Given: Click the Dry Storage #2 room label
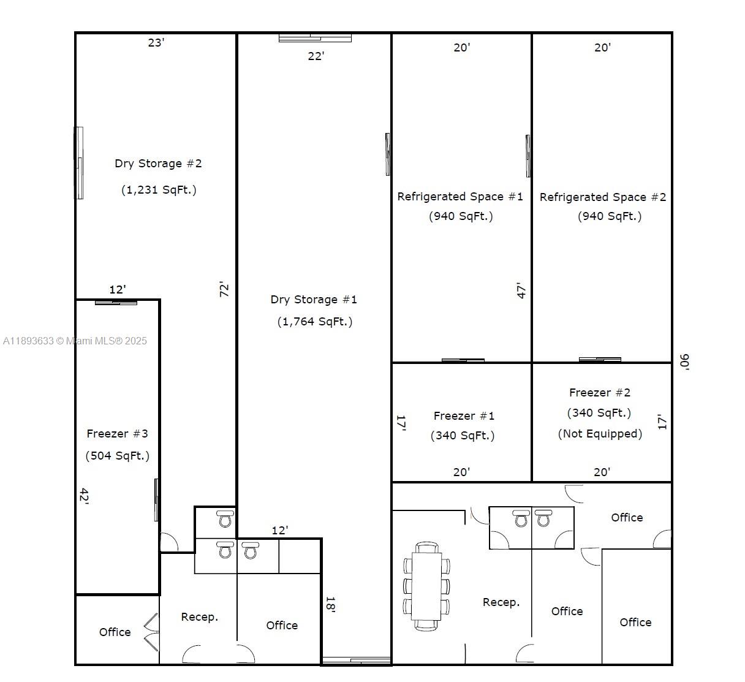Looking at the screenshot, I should tap(158, 164).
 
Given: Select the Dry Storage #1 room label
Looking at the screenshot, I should tap(314, 300).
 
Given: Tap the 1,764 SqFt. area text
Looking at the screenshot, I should tap(314, 322).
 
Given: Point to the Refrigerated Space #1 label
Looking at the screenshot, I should tap(460, 197).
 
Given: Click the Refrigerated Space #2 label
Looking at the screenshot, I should tap(602, 197).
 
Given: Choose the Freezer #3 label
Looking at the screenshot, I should tap(117, 434).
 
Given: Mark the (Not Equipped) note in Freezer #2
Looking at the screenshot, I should tap(600, 434).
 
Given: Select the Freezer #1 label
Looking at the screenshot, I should tap(464, 416).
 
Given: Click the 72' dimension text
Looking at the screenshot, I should tap(225, 289).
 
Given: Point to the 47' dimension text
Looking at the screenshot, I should tap(521, 290).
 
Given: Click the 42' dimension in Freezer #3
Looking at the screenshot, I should tap(84, 496).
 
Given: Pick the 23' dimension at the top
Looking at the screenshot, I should tap(156, 42).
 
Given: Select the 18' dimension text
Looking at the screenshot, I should tap(330, 605).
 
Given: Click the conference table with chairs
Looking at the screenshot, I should tap(426, 586).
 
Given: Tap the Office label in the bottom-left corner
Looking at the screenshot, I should tap(115, 632).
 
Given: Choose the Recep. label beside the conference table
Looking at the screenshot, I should tap(501, 602).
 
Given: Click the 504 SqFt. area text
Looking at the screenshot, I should tap(117, 456).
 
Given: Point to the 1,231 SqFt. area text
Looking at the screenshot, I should tap(159, 190).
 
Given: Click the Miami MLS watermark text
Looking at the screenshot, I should tap(75, 341).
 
